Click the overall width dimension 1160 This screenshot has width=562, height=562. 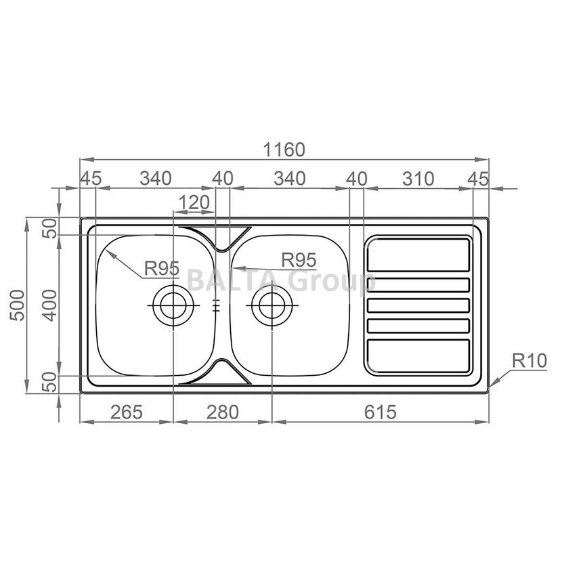284,150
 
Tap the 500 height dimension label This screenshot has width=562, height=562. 17,305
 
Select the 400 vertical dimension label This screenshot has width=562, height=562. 49,305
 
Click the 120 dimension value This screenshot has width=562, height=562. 194,202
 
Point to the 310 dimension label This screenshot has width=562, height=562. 418,179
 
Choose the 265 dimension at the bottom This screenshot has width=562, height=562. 126,412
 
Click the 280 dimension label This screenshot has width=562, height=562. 222,412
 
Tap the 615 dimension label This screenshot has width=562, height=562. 381,412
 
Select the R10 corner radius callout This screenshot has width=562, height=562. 529,361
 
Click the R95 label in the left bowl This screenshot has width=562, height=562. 162,268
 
